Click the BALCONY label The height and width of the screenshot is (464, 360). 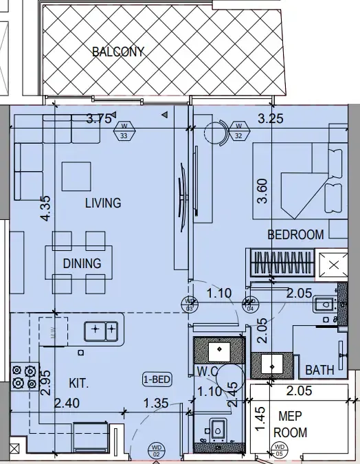(x=117, y=51)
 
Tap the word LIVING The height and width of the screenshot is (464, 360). (x=103, y=203)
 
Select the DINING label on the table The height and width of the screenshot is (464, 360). (x=82, y=263)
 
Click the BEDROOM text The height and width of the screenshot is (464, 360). (x=295, y=234)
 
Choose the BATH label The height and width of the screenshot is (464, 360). (x=319, y=371)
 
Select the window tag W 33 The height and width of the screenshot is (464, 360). (x=124, y=131)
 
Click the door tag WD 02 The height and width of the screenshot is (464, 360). (x=156, y=451)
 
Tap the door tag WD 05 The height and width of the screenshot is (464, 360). (x=279, y=451)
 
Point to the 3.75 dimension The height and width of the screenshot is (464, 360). (x=99, y=118)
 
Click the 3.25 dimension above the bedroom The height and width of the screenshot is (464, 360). (x=270, y=118)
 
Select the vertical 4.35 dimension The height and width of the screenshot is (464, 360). (x=46, y=208)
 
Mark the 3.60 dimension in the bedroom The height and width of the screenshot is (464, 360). (x=261, y=190)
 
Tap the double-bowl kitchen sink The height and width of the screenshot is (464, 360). (x=101, y=331)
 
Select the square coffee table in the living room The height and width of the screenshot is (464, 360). (x=76, y=176)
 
